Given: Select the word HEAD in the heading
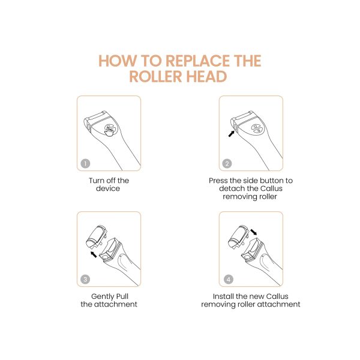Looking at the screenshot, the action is pos(206,76).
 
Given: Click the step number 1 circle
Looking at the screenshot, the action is pos(85,163).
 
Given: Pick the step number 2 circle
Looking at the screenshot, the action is pos(227,163).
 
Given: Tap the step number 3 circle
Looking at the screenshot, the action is pos(85,280).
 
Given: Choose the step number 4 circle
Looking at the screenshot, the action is pos(228,280).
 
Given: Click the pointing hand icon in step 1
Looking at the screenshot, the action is pos(110,131).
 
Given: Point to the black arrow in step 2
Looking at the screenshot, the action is pos(231,134).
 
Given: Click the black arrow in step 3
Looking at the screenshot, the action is pos(94,254).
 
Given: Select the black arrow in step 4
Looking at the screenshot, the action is pos(253,232).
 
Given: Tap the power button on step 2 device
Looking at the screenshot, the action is pos(257,128).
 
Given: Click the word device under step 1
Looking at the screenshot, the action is pos(108,188).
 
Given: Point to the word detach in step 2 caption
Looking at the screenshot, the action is pos(232,188).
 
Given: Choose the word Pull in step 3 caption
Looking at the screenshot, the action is pos(122,296).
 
